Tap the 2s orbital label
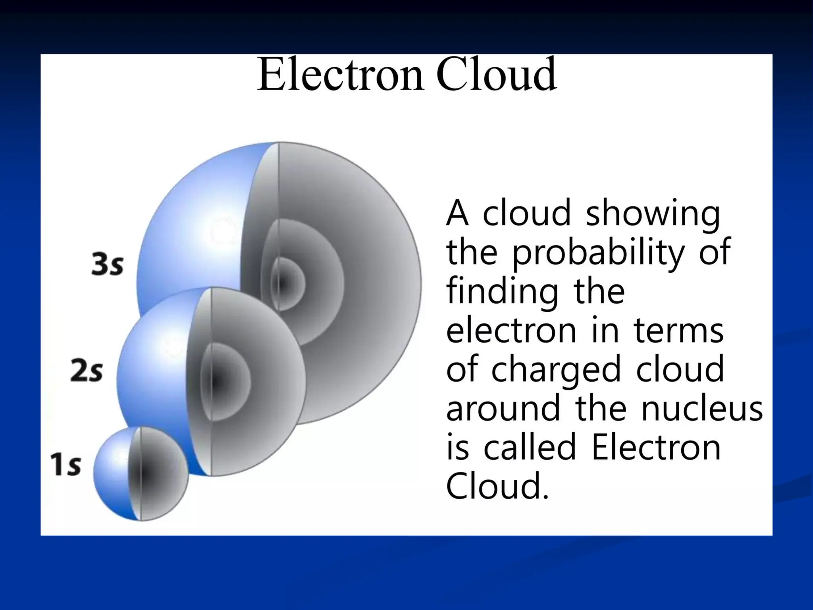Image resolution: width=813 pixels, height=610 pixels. [x=87, y=371]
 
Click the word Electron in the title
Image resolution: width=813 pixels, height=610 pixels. [x=340, y=75]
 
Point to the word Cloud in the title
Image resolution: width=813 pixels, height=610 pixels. [x=496, y=75]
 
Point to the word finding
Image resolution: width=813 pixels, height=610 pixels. [x=502, y=291]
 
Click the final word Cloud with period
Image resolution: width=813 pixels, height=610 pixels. [x=498, y=486]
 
